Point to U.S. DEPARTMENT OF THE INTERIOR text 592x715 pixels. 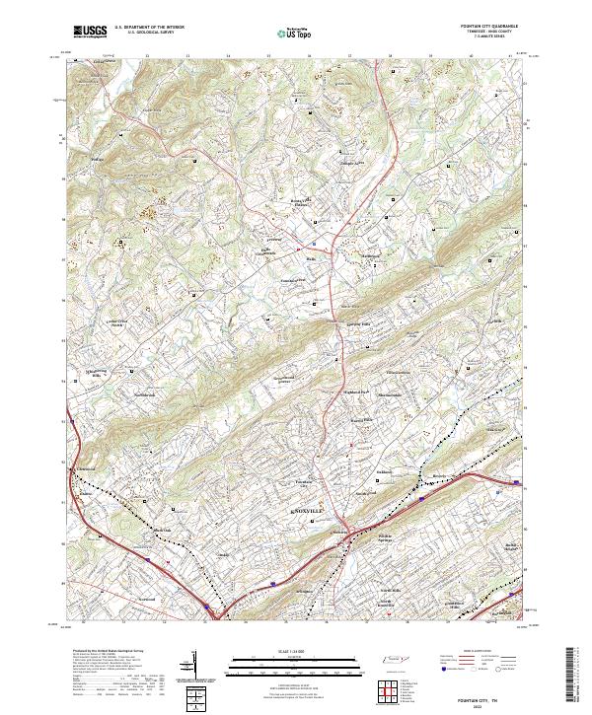click(149, 27)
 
